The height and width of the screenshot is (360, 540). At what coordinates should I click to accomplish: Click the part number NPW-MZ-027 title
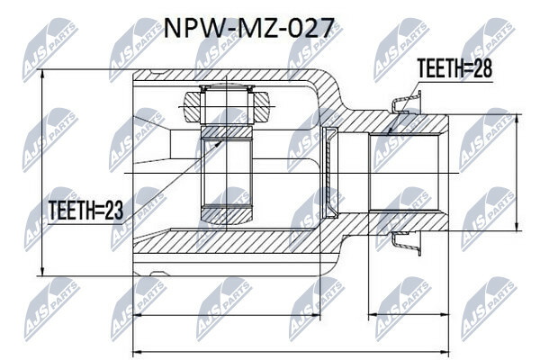248,28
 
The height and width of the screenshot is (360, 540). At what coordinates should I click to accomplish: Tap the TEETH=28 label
454,67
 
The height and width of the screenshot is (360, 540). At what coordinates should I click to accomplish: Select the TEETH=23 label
85,210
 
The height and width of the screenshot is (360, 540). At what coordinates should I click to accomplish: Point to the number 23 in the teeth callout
113,210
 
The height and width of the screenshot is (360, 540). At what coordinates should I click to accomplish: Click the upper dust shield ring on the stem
407,101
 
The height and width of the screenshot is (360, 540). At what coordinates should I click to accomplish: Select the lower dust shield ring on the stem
407,244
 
